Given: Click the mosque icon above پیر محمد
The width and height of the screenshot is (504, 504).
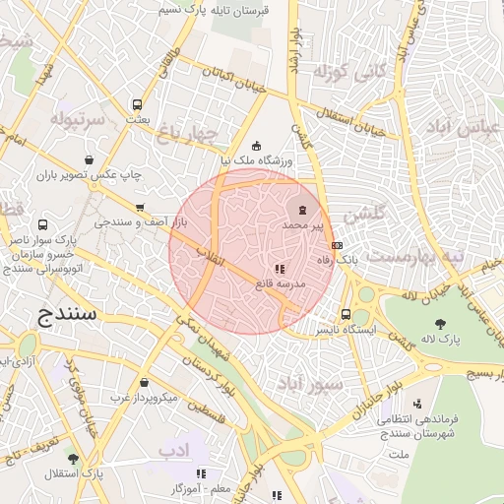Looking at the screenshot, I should (302, 210).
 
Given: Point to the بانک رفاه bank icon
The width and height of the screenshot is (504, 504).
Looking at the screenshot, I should (338, 244).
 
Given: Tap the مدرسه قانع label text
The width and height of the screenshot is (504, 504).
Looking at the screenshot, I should (281, 283).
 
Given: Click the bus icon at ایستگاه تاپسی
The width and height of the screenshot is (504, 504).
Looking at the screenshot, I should (345, 315).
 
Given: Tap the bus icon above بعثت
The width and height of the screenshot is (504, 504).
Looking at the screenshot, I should (137, 103).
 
